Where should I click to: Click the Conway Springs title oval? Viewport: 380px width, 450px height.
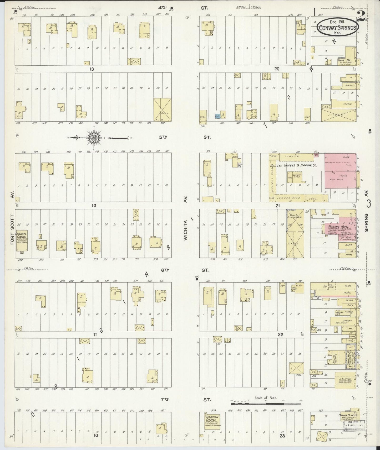click(337, 27)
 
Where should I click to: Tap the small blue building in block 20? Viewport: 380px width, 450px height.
click(217, 116)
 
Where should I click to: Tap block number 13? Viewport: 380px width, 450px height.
click(92, 69)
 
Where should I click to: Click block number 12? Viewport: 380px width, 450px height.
click(94, 205)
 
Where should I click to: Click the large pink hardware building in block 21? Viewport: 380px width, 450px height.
click(340, 171)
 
